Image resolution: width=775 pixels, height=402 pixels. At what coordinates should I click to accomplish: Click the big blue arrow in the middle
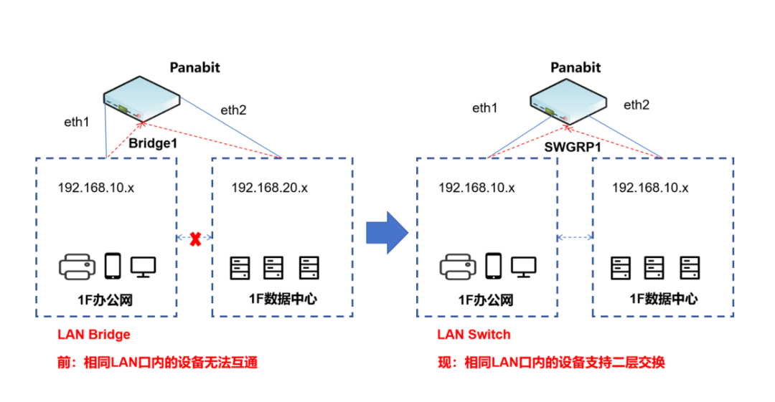387,232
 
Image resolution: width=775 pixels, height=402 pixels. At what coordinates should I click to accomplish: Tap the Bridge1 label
153,144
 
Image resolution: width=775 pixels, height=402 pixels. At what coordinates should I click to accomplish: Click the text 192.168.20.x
269,188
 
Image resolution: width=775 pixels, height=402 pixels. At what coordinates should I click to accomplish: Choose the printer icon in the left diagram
77,267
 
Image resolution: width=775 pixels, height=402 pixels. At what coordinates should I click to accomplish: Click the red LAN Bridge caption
94,335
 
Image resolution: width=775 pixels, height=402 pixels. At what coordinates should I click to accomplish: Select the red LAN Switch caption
474,335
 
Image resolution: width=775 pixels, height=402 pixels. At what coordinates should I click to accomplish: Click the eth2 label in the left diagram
233,110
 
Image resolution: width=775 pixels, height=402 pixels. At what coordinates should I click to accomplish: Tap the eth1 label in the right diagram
484,108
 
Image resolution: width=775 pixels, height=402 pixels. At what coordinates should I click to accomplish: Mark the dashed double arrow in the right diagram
576,237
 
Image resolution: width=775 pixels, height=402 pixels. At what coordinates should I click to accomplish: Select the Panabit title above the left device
194,68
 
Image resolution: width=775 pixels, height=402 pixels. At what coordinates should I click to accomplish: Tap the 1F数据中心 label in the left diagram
282,299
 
